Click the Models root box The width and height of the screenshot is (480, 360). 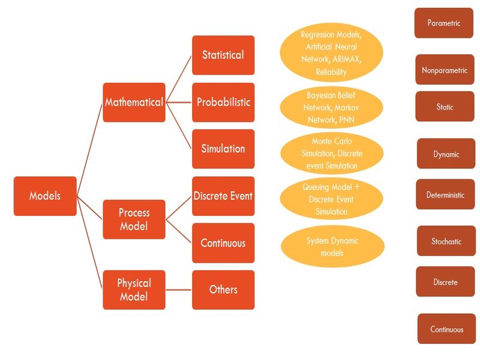pyautogui.click(x=45, y=196)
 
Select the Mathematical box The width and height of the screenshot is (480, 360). pyautogui.click(x=134, y=102)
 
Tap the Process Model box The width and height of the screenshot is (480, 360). pyautogui.click(x=134, y=220)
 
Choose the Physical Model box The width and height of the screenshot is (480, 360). pyautogui.click(x=134, y=290)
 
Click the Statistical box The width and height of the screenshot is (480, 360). pyautogui.click(x=223, y=55)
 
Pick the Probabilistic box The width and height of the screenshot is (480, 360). pyautogui.click(x=223, y=102)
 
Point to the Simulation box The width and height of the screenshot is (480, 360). pyautogui.click(x=223, y=149)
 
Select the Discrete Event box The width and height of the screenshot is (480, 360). pyautogui.click(x=223, y=196)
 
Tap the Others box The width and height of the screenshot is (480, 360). pyautogui.click(x=223, y=290)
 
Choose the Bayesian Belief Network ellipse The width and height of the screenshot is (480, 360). pyautogui.click(x=331, y=107)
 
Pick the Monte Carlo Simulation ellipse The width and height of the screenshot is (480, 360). pyautogui.click(x=331, y=153)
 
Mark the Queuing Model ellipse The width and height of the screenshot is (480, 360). pyautogui.click(x=331, y=199)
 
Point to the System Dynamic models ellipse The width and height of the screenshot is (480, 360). pyautogui.click(x=331, y=247)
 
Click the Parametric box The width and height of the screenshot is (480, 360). pyautogui.click(x=444, y=23)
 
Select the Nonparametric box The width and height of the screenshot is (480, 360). pyautogui.click(x=444, y=70)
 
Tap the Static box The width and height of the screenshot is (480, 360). pyautogui.click(x=445, y=107)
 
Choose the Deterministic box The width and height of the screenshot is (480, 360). pyautogui.click(x=445, y=195)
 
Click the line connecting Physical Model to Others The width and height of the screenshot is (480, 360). pyautogui.click(x=179, y=290)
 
